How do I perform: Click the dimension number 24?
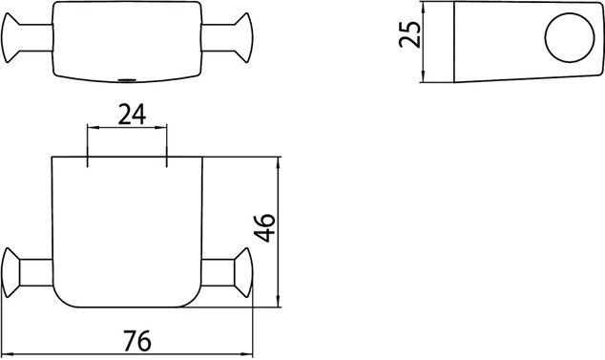pos(132,116)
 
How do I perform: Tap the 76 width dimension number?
pos(137,341)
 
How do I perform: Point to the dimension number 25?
pos(409,34)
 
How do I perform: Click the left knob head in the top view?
pos(10,37)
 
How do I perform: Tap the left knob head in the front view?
pos(10,273)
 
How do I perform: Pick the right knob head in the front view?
pos(243,273)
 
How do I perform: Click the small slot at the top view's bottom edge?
pos(127,80)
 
